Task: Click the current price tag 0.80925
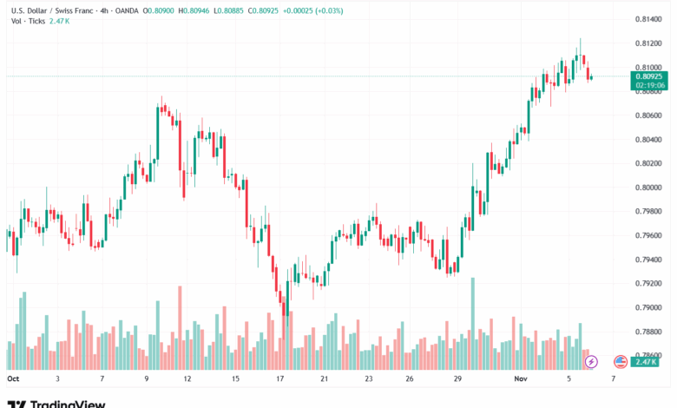pyautogui.click(x=649, y=76)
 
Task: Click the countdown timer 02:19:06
pyautogui.click(x=649, y=85)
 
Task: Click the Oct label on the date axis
pyautogui.click(x=13, y=379)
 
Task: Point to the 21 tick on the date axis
pyautogui.click(x=324, y=379)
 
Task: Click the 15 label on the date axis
pyautogui.click(x=235, y=379)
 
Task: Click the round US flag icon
pyautogui.click(x=620, y=361)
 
